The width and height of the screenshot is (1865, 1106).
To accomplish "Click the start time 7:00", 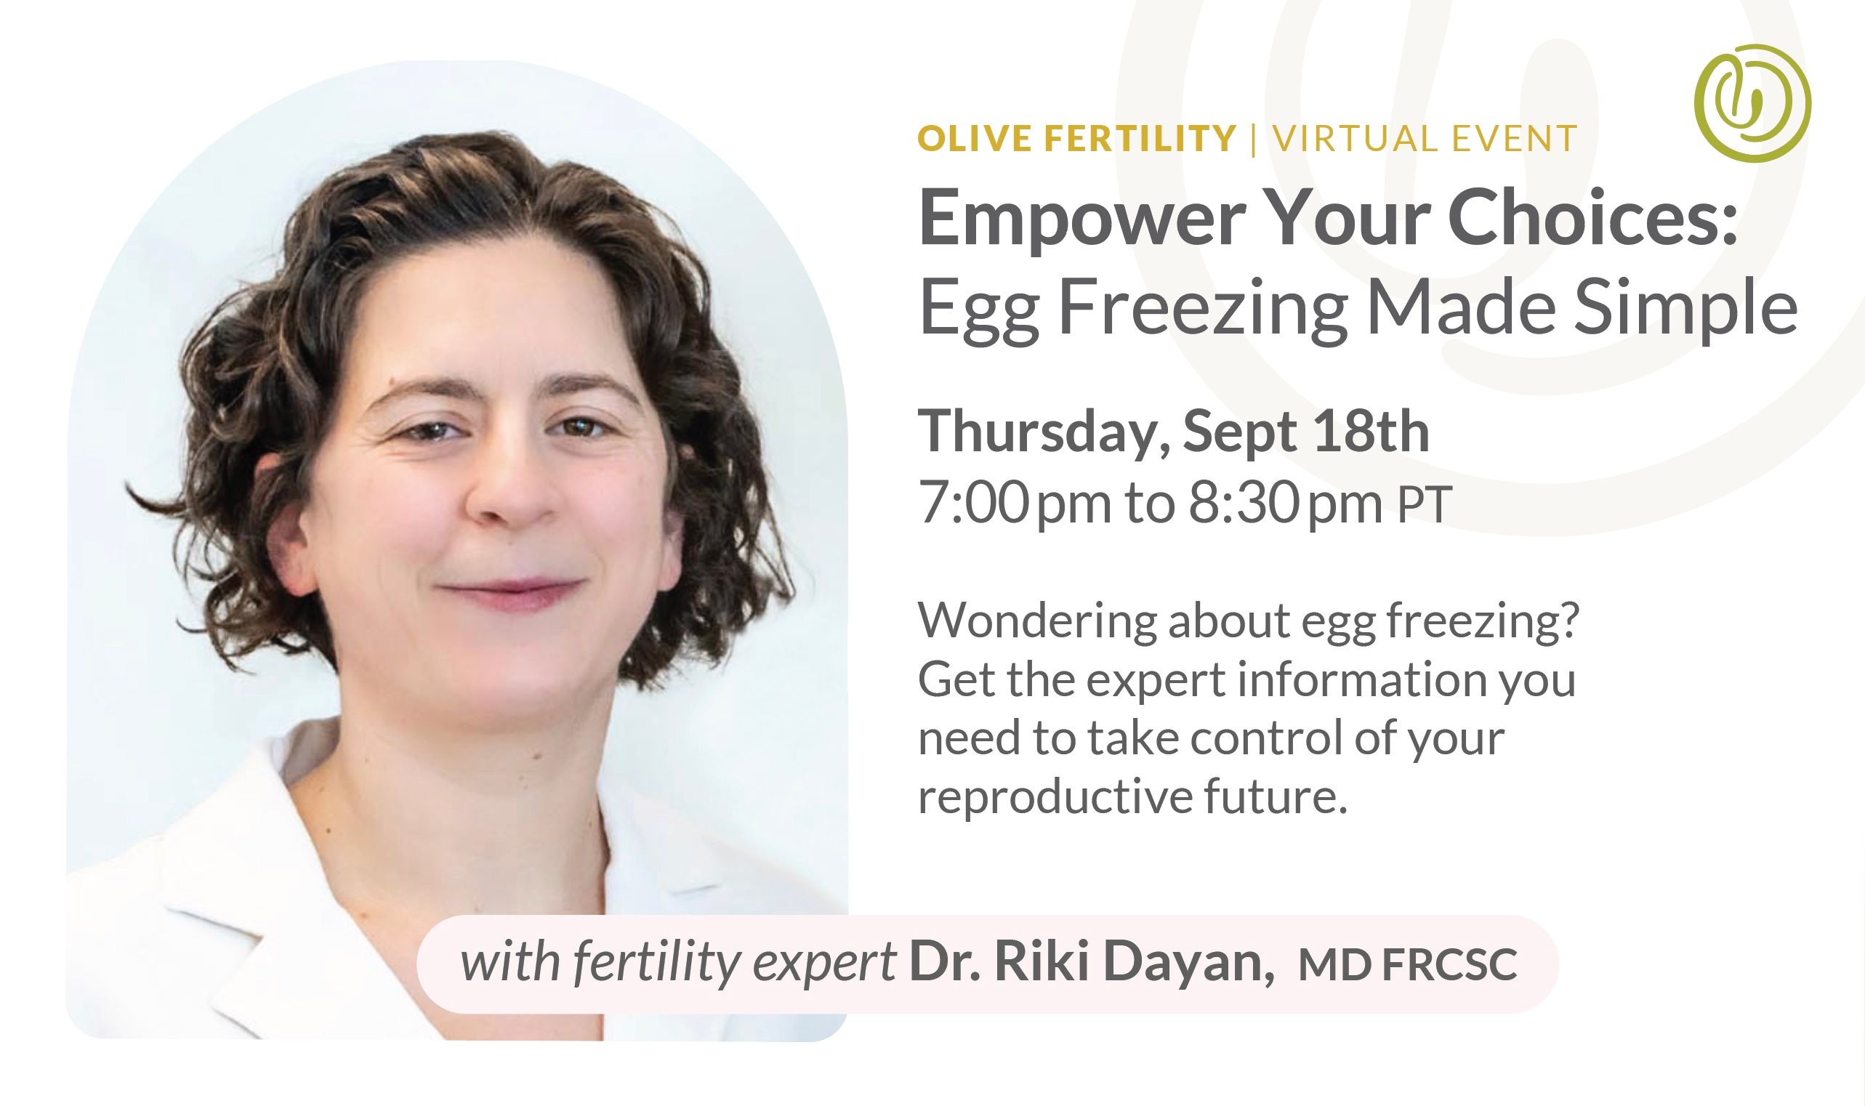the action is (973, 504).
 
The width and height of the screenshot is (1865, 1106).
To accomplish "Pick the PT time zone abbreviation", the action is (1425, 506).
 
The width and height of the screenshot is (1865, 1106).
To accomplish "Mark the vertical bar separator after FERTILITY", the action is (1254, 140).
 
